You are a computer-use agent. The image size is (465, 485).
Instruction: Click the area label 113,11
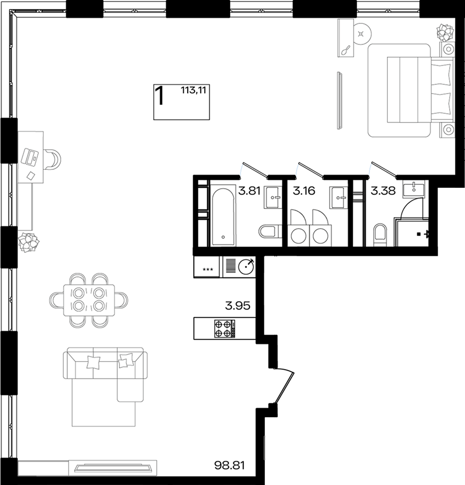pos(193,90)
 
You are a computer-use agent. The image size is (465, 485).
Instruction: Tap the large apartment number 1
pos(159,96)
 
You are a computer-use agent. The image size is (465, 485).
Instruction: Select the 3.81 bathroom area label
pos(249,191)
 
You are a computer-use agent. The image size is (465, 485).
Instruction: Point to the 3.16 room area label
pos(304,191)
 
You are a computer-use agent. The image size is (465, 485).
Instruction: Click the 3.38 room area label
pos(383,191)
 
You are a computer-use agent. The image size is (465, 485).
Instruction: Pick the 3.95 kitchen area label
pos(237,306)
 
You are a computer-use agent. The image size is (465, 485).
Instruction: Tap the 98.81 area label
pos(230,465)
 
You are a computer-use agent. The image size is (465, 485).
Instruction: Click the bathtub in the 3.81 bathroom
pos(223,216)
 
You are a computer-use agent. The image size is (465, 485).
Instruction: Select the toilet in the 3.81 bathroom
pos(270,231)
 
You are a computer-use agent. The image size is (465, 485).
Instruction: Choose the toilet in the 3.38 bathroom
pos(380,235)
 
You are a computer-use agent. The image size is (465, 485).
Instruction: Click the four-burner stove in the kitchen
pos(223,329)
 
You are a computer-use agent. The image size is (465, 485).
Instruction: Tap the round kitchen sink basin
pos(246,266)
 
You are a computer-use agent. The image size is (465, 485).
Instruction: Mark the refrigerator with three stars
pos(206,266)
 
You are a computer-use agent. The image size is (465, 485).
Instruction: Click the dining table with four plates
pos(89,300)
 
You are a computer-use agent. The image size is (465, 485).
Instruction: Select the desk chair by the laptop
pos(53,159)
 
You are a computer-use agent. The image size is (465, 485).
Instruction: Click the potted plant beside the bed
pos(445,32)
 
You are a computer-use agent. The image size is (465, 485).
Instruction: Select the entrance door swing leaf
pos(284,388)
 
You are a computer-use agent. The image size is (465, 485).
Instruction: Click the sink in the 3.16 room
pos(338,197)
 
